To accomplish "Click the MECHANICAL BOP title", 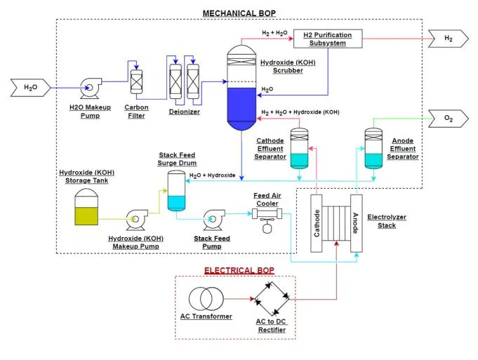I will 239,13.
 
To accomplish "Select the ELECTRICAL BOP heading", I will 239,270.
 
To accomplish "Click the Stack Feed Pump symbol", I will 211,220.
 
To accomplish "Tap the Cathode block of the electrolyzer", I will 317,222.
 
